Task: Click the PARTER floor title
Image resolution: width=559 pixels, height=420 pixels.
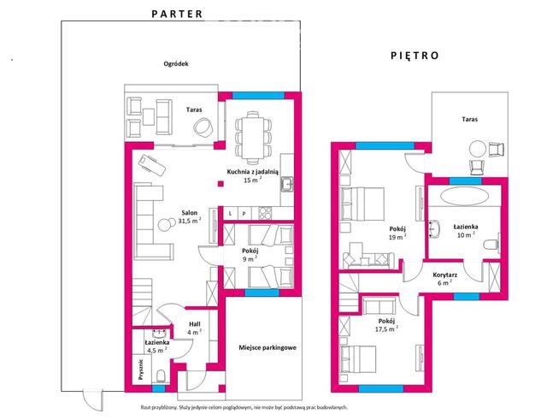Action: tap(177, 14)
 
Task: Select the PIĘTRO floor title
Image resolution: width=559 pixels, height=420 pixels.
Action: tap(415, 56)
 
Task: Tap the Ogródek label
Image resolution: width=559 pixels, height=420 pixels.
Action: tap(176, 64)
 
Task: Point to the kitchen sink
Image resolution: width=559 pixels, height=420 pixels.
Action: tap(286, 185)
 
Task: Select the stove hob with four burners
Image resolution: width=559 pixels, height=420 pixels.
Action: tap(264, 213)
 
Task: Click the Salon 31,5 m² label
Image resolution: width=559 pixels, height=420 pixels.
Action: tap(189, 217)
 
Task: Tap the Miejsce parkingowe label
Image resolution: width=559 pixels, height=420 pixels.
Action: tap(268, 347)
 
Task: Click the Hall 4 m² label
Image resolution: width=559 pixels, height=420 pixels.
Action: tap(195, 328)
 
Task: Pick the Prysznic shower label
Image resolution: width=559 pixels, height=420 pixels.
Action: tap(141, 369)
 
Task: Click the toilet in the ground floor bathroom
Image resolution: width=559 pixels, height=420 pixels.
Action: tap(161, 376)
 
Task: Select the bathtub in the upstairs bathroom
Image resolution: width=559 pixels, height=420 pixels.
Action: tap(464, 196)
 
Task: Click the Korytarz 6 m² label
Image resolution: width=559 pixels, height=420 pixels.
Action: tap(444, 279)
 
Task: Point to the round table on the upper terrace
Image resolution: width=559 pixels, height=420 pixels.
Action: tap(477, 149)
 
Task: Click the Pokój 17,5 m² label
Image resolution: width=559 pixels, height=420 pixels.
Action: tap(386, 325)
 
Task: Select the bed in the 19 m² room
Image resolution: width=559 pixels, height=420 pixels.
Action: tap(362, 204)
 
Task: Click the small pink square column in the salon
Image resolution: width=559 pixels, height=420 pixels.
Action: tap(221, 184)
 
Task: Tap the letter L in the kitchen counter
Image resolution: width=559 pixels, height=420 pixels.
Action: tap(230, 214)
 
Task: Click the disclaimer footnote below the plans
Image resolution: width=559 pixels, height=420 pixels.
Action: tap(244, 407)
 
